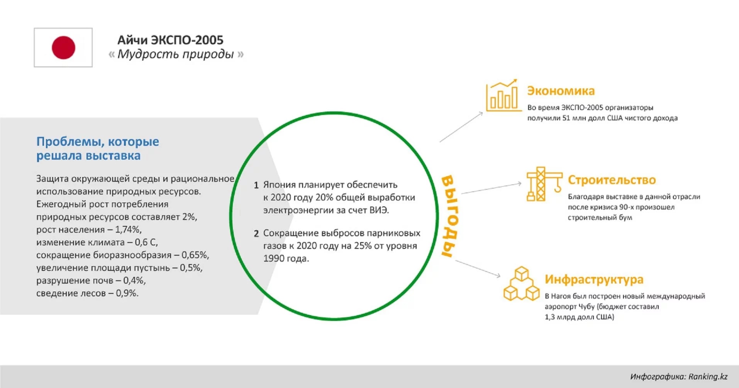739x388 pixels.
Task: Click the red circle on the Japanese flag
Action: click(x=63, y=47)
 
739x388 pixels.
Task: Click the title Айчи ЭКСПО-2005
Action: click(x=170, y=40)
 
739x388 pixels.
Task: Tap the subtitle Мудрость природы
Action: click(x=176, y=54)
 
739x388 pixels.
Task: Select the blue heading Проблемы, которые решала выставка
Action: click(x=98, y=148)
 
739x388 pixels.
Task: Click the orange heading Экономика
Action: click(x=561, y=91)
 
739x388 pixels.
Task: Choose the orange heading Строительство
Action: click(x=612, y=180)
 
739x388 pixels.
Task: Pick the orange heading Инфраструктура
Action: click(x=594, y=279)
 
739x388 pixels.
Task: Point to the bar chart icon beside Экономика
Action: click(x=503, y=95)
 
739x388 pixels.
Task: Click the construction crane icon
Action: click(x=544, y=184)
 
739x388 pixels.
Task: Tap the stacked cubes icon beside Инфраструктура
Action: click(x=522, y=283)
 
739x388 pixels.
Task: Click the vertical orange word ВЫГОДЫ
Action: click(x=450, y=216)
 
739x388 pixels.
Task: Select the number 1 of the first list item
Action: click(x=256, y=185)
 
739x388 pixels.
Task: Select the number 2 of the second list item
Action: click(x=256, y=233)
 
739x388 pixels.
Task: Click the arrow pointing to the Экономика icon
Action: click(x=461, y=127)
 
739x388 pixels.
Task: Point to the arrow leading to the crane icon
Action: click(x=492, y=188)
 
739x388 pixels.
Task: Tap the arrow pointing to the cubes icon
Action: click(x=478, y=268)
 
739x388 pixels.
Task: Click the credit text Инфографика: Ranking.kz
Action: click(x=679, y=376)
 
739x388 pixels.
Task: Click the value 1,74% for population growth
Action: click(x=129, y=229)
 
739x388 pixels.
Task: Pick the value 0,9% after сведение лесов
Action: click(x=127, y=293)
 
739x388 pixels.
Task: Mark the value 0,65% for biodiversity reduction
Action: click(x=195, y=255)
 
